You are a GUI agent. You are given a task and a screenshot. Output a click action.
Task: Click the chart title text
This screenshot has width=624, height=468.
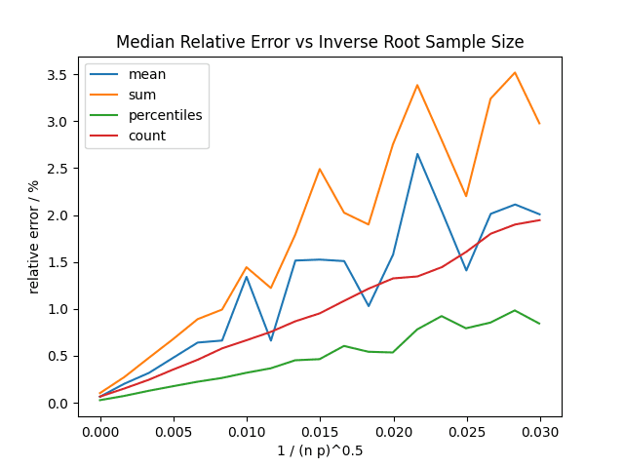pyautogui.click(x=320, y=42)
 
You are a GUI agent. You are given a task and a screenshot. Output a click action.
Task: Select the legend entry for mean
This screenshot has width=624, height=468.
pyautogui.click(x=147, y=75)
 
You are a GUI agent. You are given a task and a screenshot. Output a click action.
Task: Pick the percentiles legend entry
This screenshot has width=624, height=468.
pyautogui.click(x=165, y=115)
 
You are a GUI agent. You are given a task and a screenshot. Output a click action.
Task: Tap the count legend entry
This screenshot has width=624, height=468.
pyautogui.click(x=147, y=136)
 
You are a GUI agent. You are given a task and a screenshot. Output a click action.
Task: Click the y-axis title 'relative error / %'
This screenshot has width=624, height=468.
pyautogui.click(x=34, y=236)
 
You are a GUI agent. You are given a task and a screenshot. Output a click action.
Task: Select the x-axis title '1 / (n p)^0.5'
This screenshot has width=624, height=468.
pyautogui.click(x=320, y=450)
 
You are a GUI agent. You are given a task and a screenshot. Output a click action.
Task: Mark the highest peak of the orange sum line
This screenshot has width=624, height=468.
pyautogui.click(x=515, y=72)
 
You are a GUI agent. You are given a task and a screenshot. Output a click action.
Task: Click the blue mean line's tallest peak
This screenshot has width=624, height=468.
pyautogui.click(x=417, y=154)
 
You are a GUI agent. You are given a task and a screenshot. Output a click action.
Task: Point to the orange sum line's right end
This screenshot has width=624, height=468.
pyautogui.click(x=539, y=124)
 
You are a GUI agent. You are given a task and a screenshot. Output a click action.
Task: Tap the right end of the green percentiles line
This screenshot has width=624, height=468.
pyautogui.click(x=539, y=324)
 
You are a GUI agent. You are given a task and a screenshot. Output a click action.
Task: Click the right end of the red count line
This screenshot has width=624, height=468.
pyautogui.click(x=539, y=219)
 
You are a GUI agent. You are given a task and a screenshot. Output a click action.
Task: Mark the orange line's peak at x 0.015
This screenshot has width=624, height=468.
pyautogui.click(x=320, y=169)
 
